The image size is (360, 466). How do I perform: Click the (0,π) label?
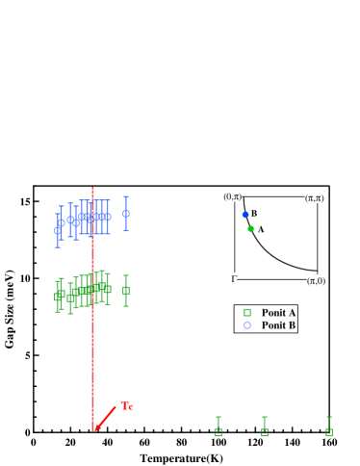tap(232, 196)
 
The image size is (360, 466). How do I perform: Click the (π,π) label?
tap(314, 197)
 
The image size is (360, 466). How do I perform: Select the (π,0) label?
tap(316, 280)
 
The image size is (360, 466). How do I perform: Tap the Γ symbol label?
tap(234, 278)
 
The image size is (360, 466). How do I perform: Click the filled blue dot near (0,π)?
tap(245, 215)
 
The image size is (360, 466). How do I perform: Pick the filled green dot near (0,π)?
tap(250, 228)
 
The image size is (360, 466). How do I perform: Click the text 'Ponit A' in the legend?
tap(278, 312)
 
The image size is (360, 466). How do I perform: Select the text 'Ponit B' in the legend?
tap(278, 325)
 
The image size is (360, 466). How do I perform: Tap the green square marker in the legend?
tap(247, 312)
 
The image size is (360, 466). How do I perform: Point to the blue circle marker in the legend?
tap(247, 325)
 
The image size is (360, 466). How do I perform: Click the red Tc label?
tap(127, 405)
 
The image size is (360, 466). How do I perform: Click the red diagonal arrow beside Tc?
tap(105, 418)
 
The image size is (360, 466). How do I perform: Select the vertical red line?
tap(92, 308)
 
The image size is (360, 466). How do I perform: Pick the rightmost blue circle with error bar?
tap(126, 214)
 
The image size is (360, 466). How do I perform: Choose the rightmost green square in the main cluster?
tap(126, 290)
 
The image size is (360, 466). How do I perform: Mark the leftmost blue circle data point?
tap(58, 230)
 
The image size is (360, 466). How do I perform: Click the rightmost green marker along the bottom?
tap(329, 432)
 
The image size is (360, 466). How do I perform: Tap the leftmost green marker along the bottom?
tap(219, 432)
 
